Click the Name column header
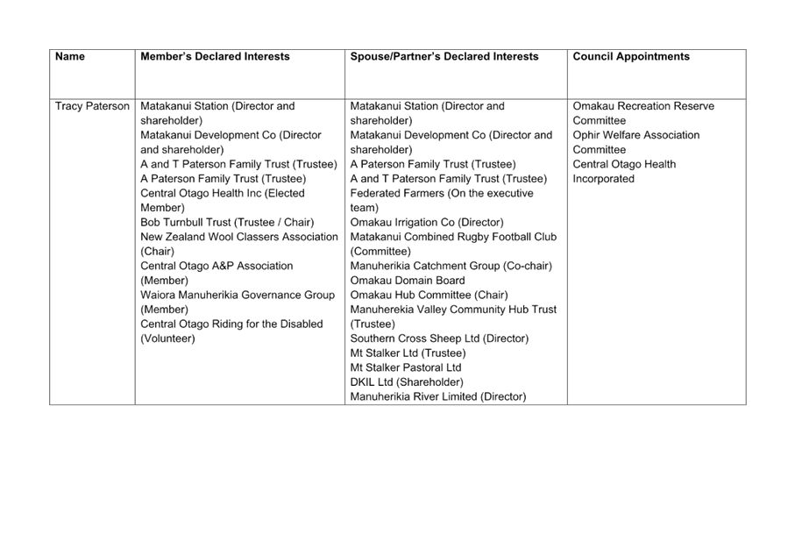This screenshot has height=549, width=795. click(x=70, y=56)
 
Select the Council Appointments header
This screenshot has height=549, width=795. click(x=631, y=56)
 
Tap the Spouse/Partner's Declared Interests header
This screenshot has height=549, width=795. click(x=444, y=56)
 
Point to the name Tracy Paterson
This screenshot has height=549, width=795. click(x=92, y=106)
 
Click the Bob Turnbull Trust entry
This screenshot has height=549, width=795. click(x=227, y=222)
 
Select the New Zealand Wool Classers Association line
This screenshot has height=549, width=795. click(x=239, y=237)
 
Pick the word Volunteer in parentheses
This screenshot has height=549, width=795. click(x=167, y=339)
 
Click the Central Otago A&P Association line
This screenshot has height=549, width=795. click(x=216, y=266)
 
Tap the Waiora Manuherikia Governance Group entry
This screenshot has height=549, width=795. click(x=238, y=295)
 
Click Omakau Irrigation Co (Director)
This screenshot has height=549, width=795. click(x=427, y=222)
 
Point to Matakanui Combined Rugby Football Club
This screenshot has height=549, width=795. click(x=453, y=237)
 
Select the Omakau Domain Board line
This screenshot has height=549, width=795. click(x=408, y=281)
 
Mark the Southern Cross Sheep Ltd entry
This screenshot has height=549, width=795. click(x=440, y=339)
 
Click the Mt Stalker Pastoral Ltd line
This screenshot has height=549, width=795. click(x=406, y=367)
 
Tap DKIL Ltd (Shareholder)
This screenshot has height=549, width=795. click(x=407, y=382)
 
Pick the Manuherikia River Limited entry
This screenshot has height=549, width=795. click(x=438, y=396)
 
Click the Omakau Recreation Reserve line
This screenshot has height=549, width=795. click(x=643, y=106)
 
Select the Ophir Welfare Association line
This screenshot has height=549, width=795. click(x=636, y=135)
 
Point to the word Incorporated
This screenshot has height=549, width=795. click(x=603, y=179)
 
